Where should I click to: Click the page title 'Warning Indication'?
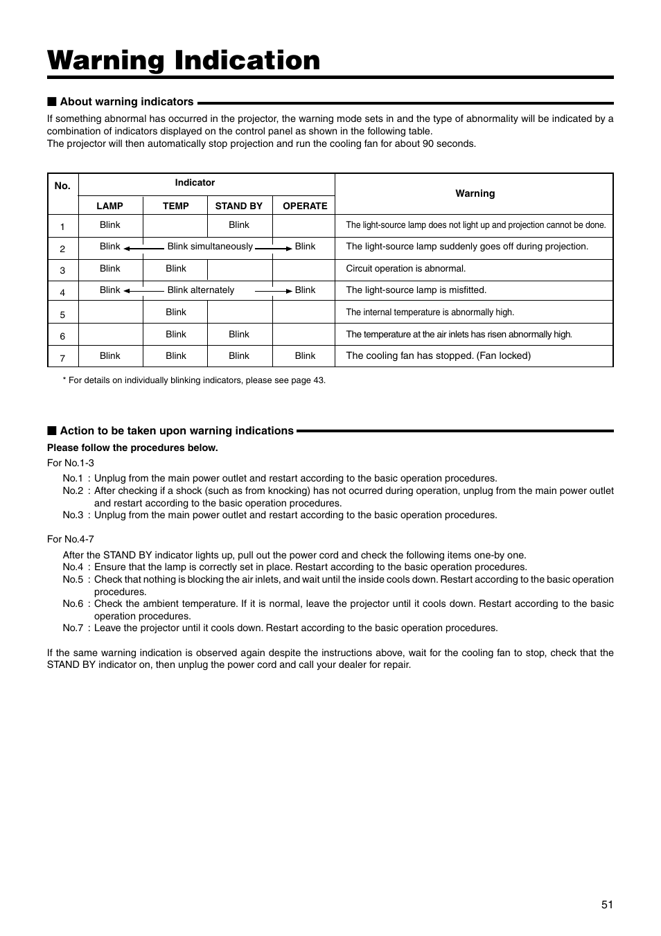pos(184,61)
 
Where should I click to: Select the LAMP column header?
pos(109,206)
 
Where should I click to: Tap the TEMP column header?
pos(175,206)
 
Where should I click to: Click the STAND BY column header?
pos(238,206)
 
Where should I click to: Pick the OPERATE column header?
pos(305,206)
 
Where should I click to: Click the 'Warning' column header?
pos(475,193)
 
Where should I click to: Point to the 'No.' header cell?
pos(62,186)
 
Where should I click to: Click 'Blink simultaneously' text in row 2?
pos(210,247)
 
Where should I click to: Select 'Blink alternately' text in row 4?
pos(201,290)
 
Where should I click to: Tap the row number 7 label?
pos(62,358)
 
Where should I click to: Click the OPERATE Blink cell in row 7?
pos(305,356)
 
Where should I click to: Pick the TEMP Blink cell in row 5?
pos(175,312)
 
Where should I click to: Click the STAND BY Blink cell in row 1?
pos(238,225)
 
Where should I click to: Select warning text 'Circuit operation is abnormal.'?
pos(405,269)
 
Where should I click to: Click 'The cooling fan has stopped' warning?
pos(438,356)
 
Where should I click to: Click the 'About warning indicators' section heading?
pos(126,102)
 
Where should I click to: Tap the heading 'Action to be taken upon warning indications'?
pos(176,431)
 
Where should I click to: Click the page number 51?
pos(607,904)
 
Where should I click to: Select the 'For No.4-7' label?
pos(71,539)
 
